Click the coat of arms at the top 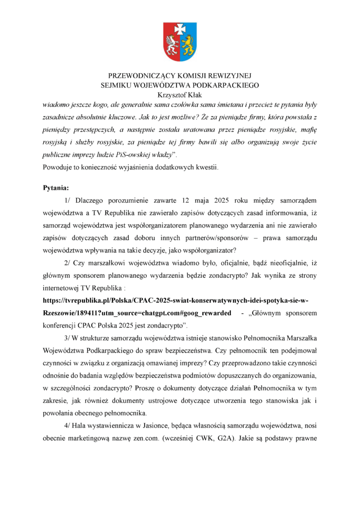coord(180,42)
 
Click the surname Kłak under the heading coord(193,95)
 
